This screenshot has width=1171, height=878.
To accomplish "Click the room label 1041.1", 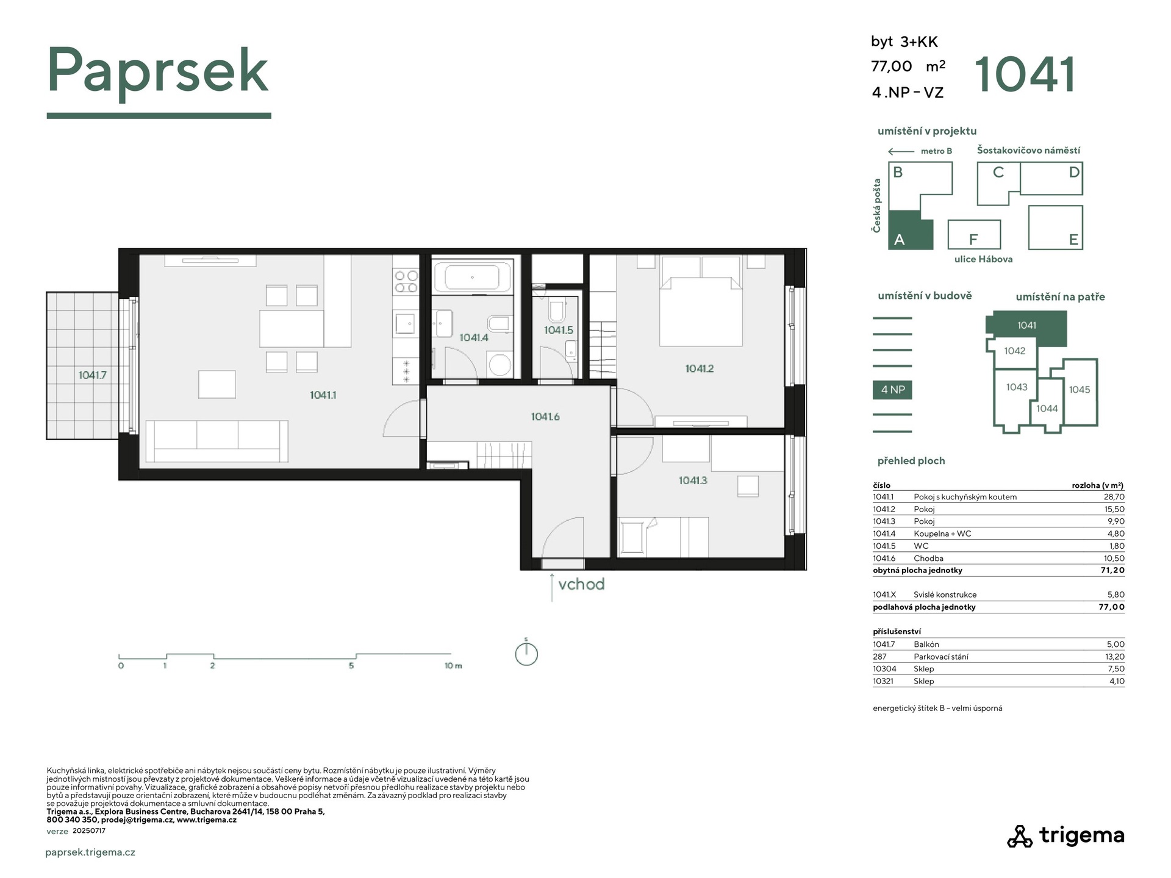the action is click(x=323, y=395).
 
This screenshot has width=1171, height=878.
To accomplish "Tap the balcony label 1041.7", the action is click(x=92, y=375).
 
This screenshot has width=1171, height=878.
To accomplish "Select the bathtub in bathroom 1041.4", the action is click(x=472, y=277).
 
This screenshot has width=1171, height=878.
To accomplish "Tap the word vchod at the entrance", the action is click(x=581, y=584).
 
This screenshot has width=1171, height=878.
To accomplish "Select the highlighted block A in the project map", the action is click(x=911, y=230).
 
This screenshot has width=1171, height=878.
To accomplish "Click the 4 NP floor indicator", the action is click(x=892, y=390).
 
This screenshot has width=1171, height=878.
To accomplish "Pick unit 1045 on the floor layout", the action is click(x=1080, y=390).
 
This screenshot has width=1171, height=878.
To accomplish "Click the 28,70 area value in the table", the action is click(x=1114, y=497).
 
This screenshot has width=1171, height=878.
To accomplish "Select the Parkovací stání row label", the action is click(x=940, y=657).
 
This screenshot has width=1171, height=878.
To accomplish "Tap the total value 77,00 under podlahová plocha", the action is click(x=1112, y=607).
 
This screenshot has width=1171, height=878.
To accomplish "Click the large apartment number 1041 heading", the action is click(x=1026, y=75).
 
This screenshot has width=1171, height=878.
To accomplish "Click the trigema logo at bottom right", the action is click(x=1065, y=835).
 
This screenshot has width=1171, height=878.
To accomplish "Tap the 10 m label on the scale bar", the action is click(x=453, y=666).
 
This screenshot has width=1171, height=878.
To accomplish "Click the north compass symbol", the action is click(x=526, y=654).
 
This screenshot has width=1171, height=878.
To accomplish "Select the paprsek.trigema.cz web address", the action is click(x=90, y=852).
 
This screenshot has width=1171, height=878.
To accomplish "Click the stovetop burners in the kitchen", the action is click(x=406, y=281).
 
